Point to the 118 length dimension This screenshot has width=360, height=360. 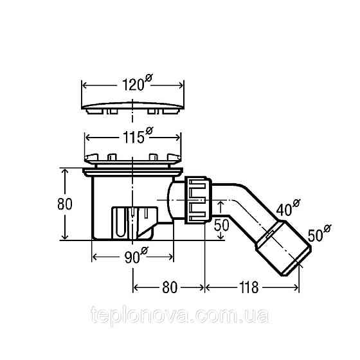point(246,287)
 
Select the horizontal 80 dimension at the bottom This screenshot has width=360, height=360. point(168,287)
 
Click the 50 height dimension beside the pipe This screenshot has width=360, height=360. point(222,225)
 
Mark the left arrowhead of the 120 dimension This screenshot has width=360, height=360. point(84,85)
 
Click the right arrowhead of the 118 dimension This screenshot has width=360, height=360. point(298,287)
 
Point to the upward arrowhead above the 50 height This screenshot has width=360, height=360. point(221,203)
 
